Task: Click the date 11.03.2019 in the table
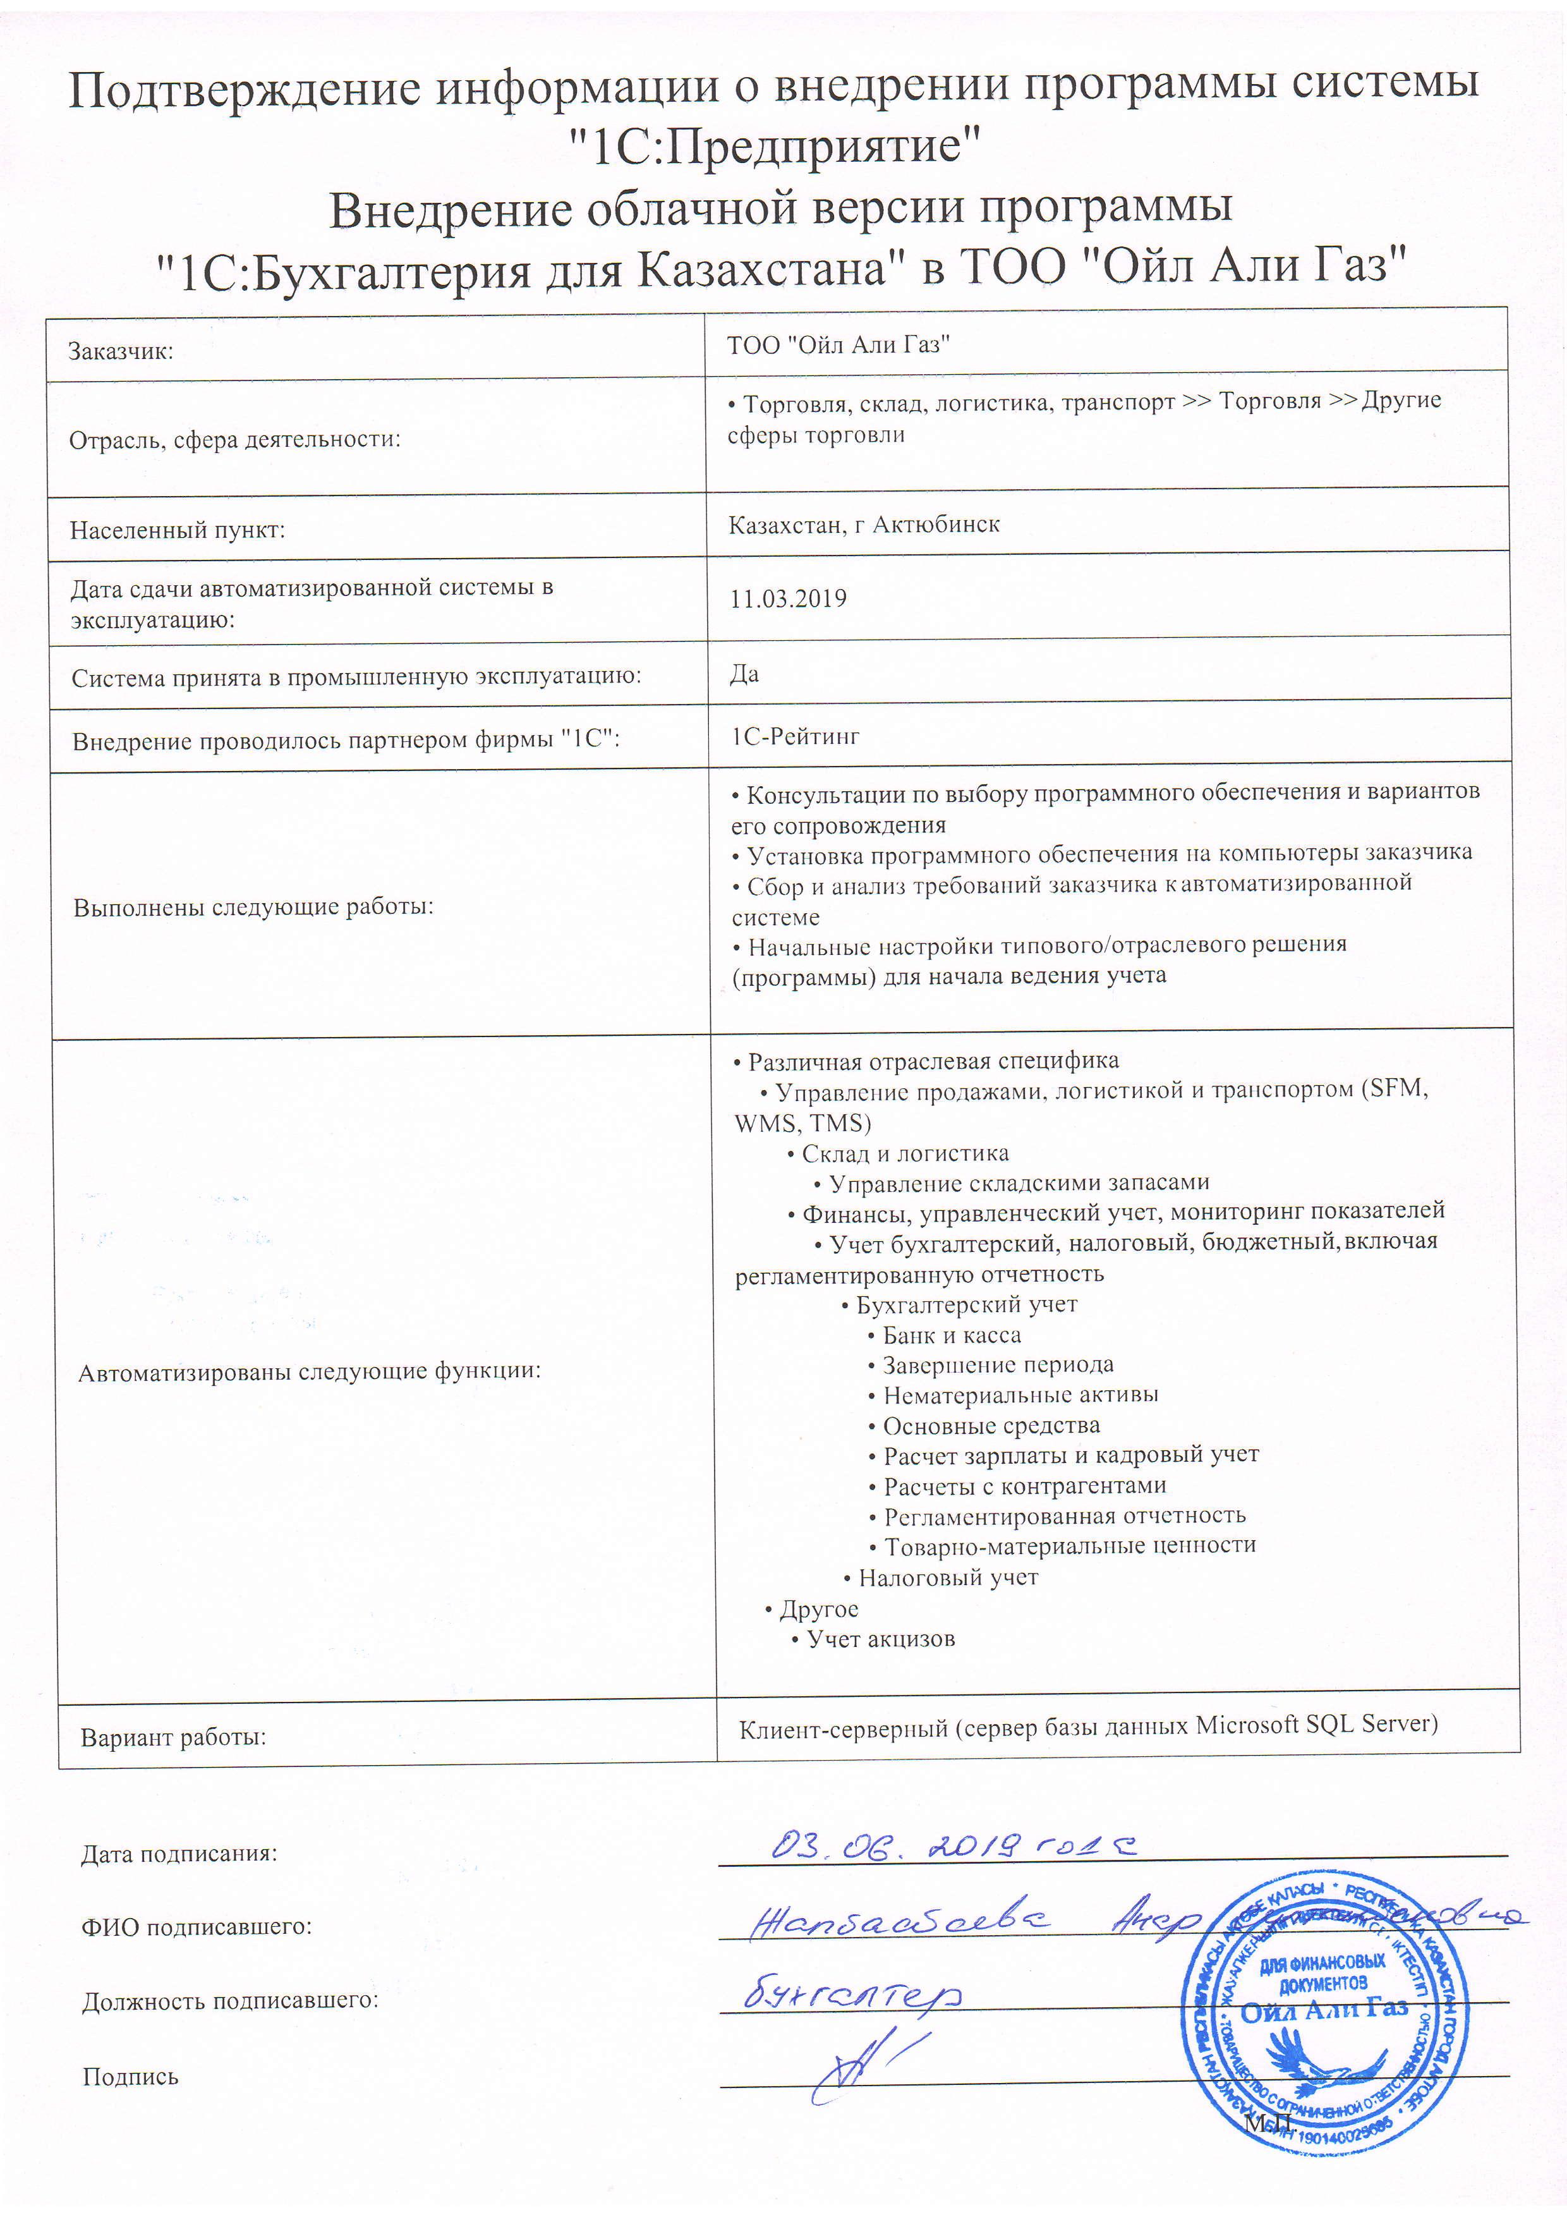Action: tap(788, 598)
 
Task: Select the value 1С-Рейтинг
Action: tap(795, 737)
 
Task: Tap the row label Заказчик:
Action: tap(121, 351)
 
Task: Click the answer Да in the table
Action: tap(744, 674)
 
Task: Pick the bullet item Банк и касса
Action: tap(951, 1335)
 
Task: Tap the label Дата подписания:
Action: tap(179, 1854)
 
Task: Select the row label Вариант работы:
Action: tap(174, 1738)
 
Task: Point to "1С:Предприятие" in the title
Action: tap(773, 147)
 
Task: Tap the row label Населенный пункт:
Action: tap(178, 530)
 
